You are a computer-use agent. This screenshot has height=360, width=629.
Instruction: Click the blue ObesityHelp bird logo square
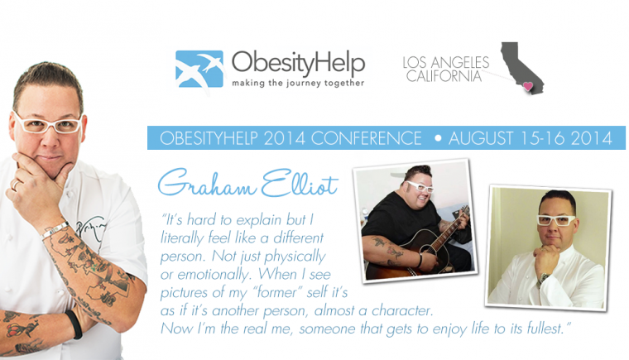[199, 69]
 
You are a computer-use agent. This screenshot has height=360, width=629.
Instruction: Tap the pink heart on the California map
[528, 86]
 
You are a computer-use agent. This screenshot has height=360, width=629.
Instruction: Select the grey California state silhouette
[521, 68]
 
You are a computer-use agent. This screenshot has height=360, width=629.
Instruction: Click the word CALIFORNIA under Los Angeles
[444, 75]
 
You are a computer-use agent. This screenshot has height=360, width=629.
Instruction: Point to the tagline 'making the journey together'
[298, 83]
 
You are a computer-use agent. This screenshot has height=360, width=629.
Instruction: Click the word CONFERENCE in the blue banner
[367, 138]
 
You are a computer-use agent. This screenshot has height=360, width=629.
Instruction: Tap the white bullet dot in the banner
[438, 138]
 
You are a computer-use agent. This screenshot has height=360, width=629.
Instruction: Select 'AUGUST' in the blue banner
[481, 138]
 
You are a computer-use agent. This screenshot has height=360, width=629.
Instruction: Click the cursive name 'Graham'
[207, 183]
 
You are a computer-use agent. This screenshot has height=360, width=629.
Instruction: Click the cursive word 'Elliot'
[300, 184]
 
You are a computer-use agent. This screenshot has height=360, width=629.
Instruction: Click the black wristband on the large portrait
[75, 324]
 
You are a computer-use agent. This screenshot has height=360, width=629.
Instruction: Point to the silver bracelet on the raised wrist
[56, 230]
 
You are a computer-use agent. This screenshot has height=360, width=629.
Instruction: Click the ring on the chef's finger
[15, 185]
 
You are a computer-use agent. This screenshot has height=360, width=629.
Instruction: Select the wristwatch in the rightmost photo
[542, 278]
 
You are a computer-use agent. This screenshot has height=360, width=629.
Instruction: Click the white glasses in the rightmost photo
[555, 220]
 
